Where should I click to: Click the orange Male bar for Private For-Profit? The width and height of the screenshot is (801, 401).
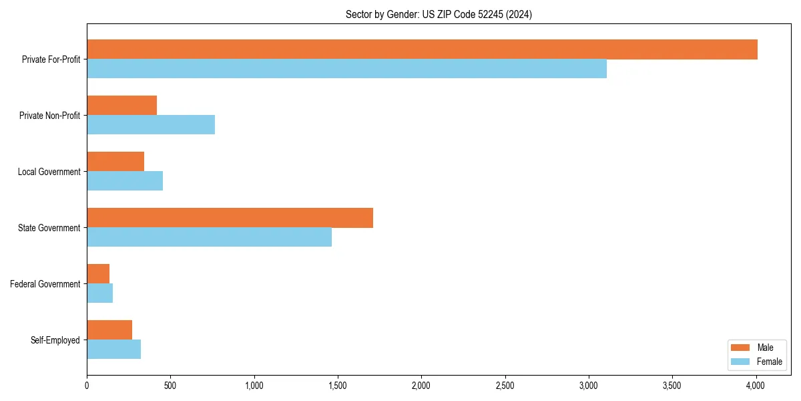point(422,49)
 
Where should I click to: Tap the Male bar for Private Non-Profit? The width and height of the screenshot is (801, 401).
point(121,106)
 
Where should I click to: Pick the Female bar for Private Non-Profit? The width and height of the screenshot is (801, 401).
point(151,125)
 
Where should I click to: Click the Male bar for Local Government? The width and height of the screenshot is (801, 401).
point(115,162)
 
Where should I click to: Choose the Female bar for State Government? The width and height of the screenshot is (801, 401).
point(209,237)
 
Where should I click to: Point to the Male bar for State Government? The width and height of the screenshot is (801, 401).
point(230,218)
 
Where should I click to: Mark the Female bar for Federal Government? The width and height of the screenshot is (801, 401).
point(99,293)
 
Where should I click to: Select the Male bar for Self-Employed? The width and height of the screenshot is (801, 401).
point(109,330)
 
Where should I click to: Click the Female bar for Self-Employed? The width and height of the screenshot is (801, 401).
point(113,350)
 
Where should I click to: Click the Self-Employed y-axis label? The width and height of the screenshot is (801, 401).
point(55,340)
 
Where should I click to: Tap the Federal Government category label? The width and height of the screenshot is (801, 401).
point(45,284)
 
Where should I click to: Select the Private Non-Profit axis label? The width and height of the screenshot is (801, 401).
point(49,116)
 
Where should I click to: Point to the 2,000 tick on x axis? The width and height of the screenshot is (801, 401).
point(421,386)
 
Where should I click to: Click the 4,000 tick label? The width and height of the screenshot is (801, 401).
point(756,386)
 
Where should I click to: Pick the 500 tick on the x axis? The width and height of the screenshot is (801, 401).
point(170,386)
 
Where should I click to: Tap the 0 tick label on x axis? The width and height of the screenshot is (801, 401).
point(87,386)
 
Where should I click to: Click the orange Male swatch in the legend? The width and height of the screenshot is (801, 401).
point(741,348)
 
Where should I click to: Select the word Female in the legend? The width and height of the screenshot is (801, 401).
point(770,362)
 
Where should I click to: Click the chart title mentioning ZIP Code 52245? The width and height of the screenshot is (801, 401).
point(439,14)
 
